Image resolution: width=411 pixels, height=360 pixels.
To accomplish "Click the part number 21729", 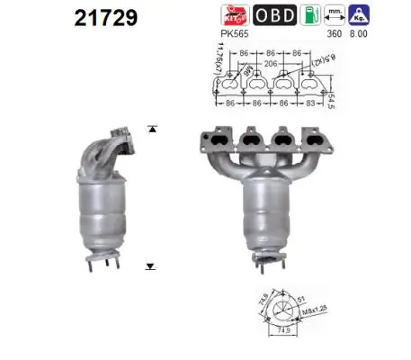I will pyautogui.click(x=98, y=17).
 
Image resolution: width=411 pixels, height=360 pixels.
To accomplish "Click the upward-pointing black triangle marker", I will pyautogui.click(x=150, y=130).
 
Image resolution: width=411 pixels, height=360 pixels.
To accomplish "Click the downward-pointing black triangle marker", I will pyautogui.click(x=150, y=266).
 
